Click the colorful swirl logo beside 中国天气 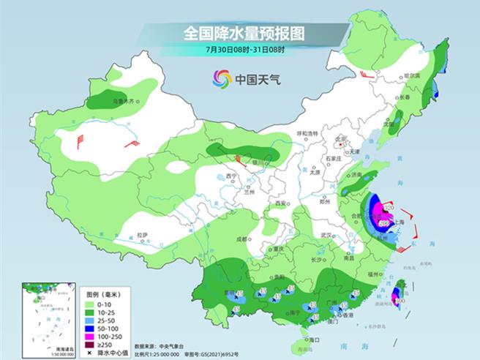[x=222, y=78]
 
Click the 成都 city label [x=241, y=239]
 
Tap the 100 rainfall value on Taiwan [x=400, y=300]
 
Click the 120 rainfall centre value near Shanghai [x=389, y=209]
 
